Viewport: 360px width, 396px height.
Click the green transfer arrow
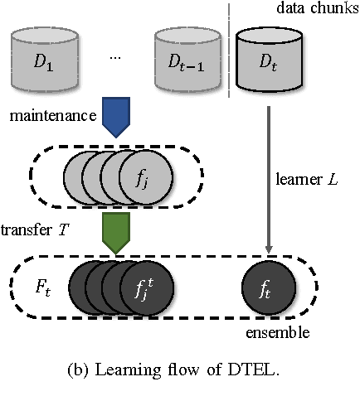pos(119,232)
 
